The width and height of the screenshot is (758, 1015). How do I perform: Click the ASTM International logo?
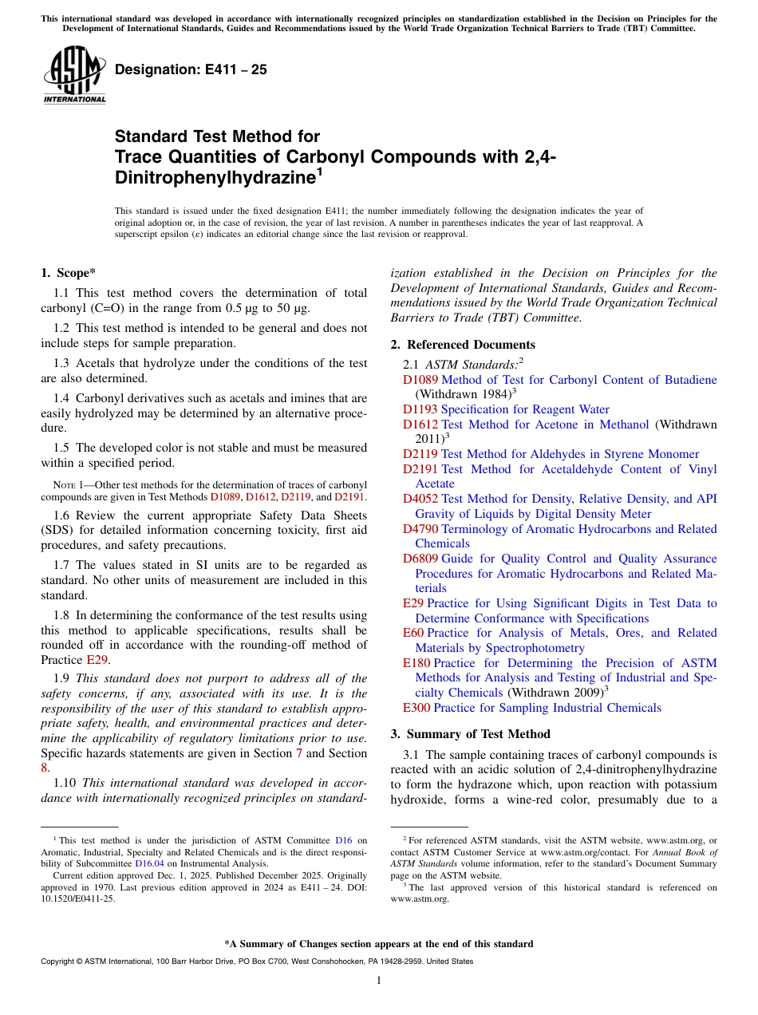[x=74, y=75]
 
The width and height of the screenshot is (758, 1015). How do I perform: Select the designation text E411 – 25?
[x=191, y=70]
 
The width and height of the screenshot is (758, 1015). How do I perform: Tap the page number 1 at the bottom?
[x=379, y=980]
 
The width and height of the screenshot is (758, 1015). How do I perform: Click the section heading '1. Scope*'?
[x=69, y=273]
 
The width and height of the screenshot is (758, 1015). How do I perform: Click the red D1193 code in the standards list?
[x=420, y=409]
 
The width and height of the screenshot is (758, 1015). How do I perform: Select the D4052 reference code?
[x=420, y=499]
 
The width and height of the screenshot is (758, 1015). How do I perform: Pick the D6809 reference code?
[x=420, y=559]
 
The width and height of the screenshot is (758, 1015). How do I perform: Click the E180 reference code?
[x=417, y=663]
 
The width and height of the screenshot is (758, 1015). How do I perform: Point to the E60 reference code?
[x=413, y=633]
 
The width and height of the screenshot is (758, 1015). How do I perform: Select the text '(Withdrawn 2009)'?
[x=558, y=693]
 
